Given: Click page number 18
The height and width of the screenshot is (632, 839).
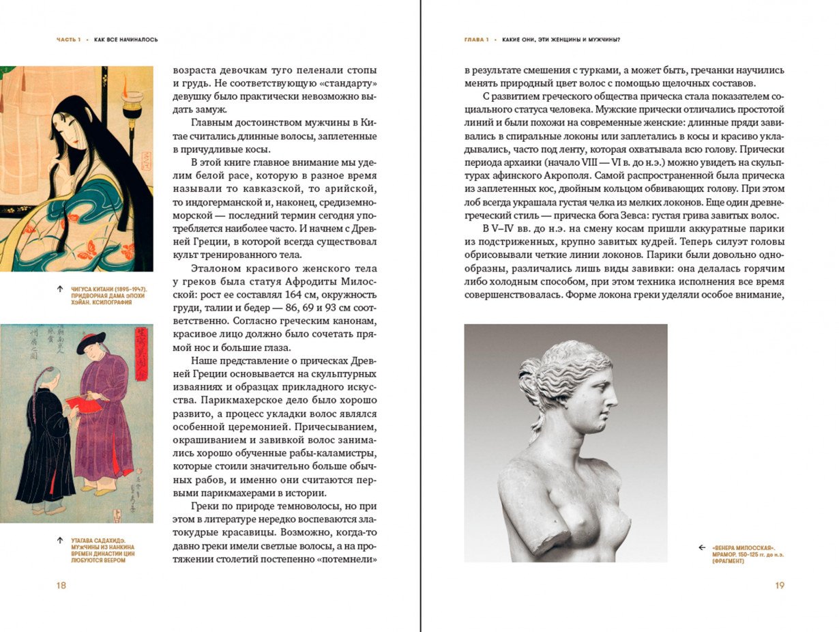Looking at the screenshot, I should (x=61, y=585).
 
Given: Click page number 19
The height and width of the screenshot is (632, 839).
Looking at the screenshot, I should (x=780, y=585).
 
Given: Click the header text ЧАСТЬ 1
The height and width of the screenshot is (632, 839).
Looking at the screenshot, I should (x=68, y=40).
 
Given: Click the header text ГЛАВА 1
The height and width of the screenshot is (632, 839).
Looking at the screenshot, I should (x=476, y=40).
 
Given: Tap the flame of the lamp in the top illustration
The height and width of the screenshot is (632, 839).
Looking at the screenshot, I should (x=125, y=83).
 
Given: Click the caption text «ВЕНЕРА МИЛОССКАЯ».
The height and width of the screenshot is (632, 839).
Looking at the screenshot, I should (x=743, y=547).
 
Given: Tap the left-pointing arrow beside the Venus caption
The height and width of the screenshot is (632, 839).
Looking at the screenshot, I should (x=702, y=547).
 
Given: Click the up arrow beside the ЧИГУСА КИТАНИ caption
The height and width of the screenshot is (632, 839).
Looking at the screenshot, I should (x=61, y=289).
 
